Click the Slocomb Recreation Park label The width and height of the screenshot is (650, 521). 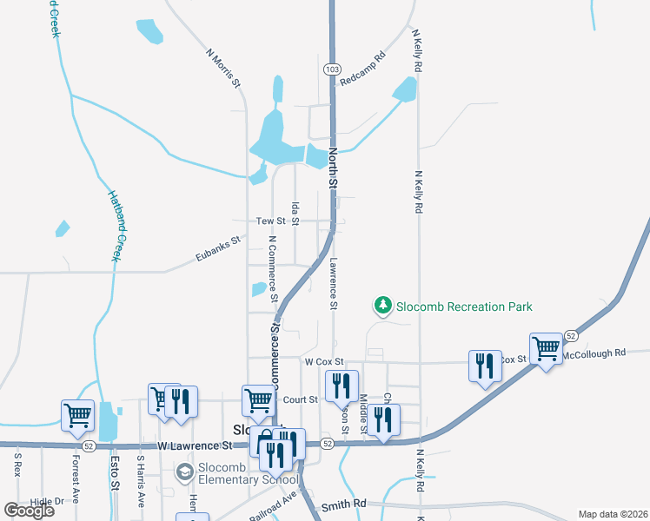pos(464,307)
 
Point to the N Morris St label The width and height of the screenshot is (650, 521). pos(222,67)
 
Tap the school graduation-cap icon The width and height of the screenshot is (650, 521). pos(184,472)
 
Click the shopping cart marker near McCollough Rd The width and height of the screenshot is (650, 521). pos(546,349)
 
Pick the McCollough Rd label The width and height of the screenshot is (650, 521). pos(594,353)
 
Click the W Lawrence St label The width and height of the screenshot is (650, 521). pos(196,445)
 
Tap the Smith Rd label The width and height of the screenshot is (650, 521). pos(344,505)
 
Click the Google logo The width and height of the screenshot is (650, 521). pos(30,511)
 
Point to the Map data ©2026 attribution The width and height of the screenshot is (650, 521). pos(613,514)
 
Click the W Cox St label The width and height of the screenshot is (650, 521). pos(324,361)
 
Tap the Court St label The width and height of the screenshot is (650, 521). pos(301,399)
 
